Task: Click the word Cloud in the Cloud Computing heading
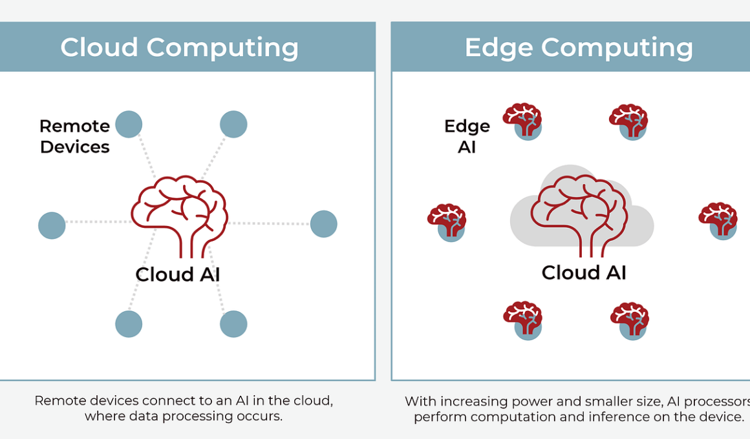[99, 47]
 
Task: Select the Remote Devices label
[74, 137]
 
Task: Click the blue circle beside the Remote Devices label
[129, 124]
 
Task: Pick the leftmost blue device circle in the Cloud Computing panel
[52, 225]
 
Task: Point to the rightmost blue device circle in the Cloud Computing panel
[324, 224]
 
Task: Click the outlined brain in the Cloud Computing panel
[179, 216]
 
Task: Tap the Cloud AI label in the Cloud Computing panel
[177, 274]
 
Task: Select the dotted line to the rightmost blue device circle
[269, 223]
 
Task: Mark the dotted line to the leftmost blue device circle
[98, 221]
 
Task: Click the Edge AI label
[467, 137]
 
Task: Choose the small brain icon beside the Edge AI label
[523, 121]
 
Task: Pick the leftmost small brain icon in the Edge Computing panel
[447, 223]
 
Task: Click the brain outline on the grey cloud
[579, 216]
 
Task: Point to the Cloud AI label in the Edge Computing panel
[584, 273]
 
